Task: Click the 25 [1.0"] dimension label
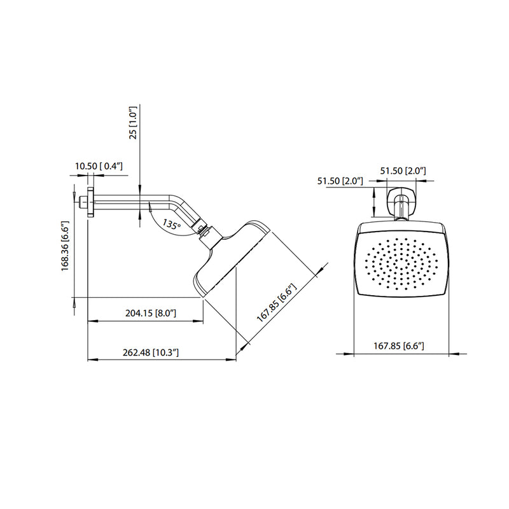click(x=134, y=122)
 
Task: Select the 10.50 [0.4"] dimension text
click(x=99, y=166)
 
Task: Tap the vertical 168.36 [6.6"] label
click(x=64, y=246)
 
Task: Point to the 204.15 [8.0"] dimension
click(x=151, y=313)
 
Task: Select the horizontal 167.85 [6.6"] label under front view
click(x=398, y=345)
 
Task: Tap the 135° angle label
click(x=171, y=225)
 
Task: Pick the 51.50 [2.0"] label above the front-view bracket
click(x=403, y=171)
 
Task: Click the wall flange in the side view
click(x=92, y=202)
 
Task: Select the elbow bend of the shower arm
click(x=175, y=207)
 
